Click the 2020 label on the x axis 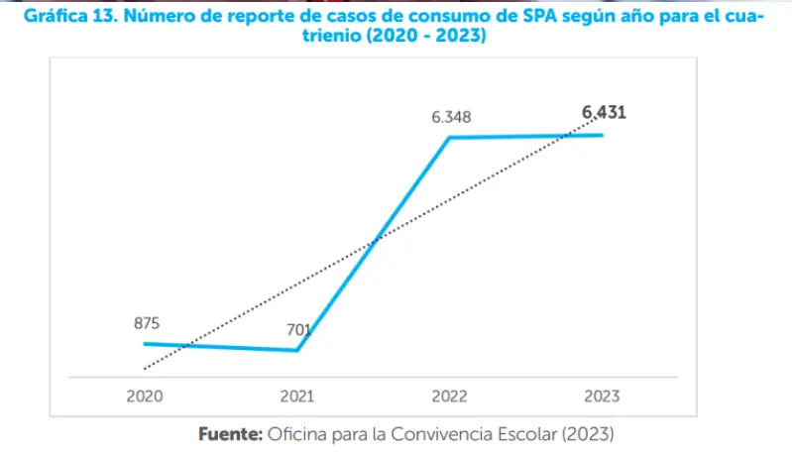pyautogui.click(x=145, y=397)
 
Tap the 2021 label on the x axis pyautogui.click(x=296, y=397)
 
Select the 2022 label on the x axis pyautogui.click(x=449, y=397)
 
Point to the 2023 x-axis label pyautogui.click(x=602, y=397)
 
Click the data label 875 pyautogui.click(x=147, y=323)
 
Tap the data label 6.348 pyautogui.click(x=451, y=117)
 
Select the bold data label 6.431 pyautogui.click(x=604, y=113)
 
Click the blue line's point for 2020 pyautogui.click(x=145, y=344)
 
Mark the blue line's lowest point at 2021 pyautogui.click(x=297, y=350)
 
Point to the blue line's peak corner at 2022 pyautogui.click(x=450, y=138)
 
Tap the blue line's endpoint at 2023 pyautogui.click(x=602, y=135)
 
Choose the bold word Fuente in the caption pyautogui.click(x=229, y=434)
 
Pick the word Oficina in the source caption pyautogui.click(x=296, y=434)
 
